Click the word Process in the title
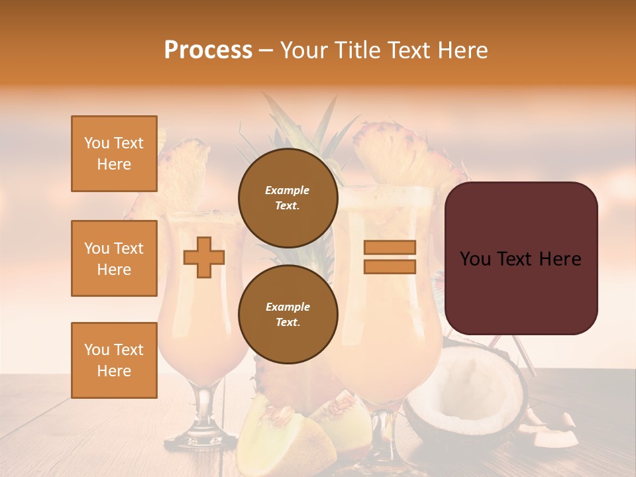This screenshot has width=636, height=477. pos(208,50)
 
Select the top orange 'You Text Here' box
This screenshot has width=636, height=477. pos(114,154)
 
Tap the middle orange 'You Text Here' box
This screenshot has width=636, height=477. pos(114,258)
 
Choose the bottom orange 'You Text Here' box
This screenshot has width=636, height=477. pos(114,360)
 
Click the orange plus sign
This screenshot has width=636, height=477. pos(204,257)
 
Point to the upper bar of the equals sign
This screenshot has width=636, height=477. pos(390,247)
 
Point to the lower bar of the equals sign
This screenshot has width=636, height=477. pos(390,266)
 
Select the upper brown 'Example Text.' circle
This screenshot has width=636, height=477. pos(288,197)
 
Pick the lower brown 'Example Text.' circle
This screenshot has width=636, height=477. pos(288,314)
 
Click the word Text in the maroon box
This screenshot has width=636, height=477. pos(521,259)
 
